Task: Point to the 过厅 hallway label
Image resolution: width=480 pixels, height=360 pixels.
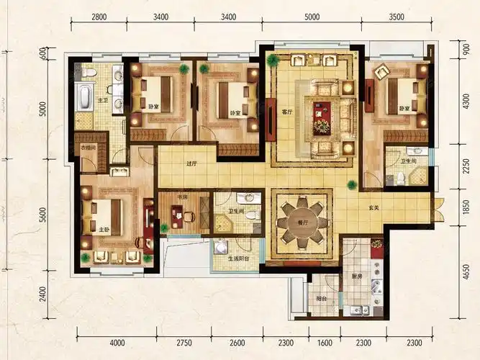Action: [191, 163]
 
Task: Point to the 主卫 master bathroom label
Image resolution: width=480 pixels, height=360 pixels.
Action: [103, 100]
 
